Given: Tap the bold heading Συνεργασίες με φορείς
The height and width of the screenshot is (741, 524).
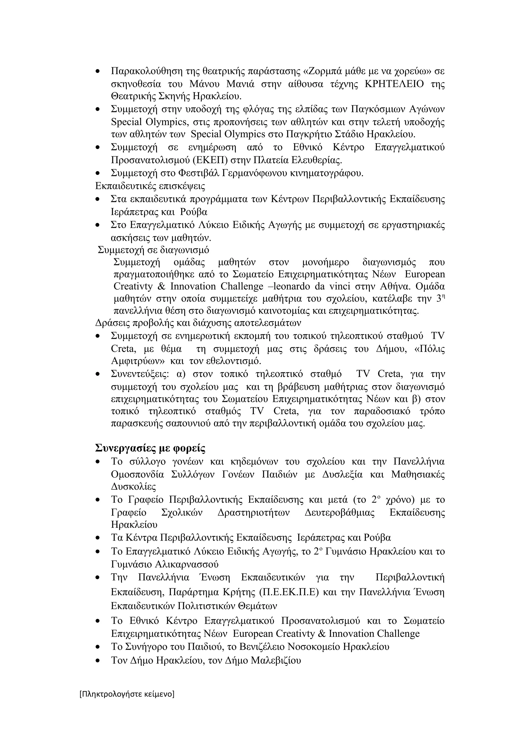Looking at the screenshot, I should (x=150, y=448).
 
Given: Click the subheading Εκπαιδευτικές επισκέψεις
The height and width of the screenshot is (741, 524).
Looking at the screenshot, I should (x=150, y=186).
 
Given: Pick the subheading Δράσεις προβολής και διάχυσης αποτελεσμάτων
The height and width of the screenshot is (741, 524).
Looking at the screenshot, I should (x=198, y=323).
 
